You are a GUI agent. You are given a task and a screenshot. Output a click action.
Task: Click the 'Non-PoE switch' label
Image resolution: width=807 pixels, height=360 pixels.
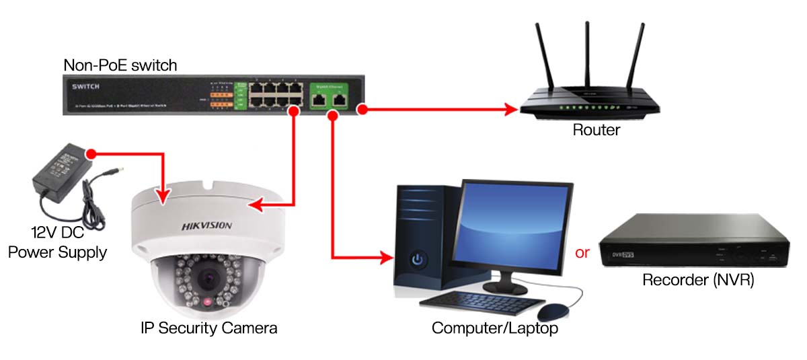pyautogui.click(x=120, y=65)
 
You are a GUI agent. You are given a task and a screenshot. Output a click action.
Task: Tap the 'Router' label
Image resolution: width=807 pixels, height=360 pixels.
pyautogui.click(x=596, y=130)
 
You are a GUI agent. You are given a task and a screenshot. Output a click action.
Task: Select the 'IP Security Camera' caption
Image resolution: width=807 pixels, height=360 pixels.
pyautogui.click(x=208, y=328)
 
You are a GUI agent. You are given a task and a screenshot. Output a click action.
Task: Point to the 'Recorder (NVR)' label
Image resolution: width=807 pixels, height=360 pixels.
pyautogui.click(x=698, y=281)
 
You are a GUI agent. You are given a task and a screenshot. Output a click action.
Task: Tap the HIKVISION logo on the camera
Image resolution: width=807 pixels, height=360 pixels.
pyautogui.click(x=206, y=226)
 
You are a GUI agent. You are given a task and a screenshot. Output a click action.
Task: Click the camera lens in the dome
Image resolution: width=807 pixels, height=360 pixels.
pyautogui.click(x=207, y=277)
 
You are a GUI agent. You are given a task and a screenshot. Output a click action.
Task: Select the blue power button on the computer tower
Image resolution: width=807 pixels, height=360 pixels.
pyautogui.click(x=418, y=259)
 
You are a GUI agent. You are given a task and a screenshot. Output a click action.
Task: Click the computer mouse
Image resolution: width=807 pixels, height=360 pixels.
pyautogui.click(x=552, y=312)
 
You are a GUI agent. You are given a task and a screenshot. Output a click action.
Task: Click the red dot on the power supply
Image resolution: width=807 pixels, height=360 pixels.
pyautogui.click(x=92, y=154)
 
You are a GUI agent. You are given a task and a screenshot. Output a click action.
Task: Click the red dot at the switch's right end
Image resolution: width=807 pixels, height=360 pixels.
pyautogui.click(x=362, y=108)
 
